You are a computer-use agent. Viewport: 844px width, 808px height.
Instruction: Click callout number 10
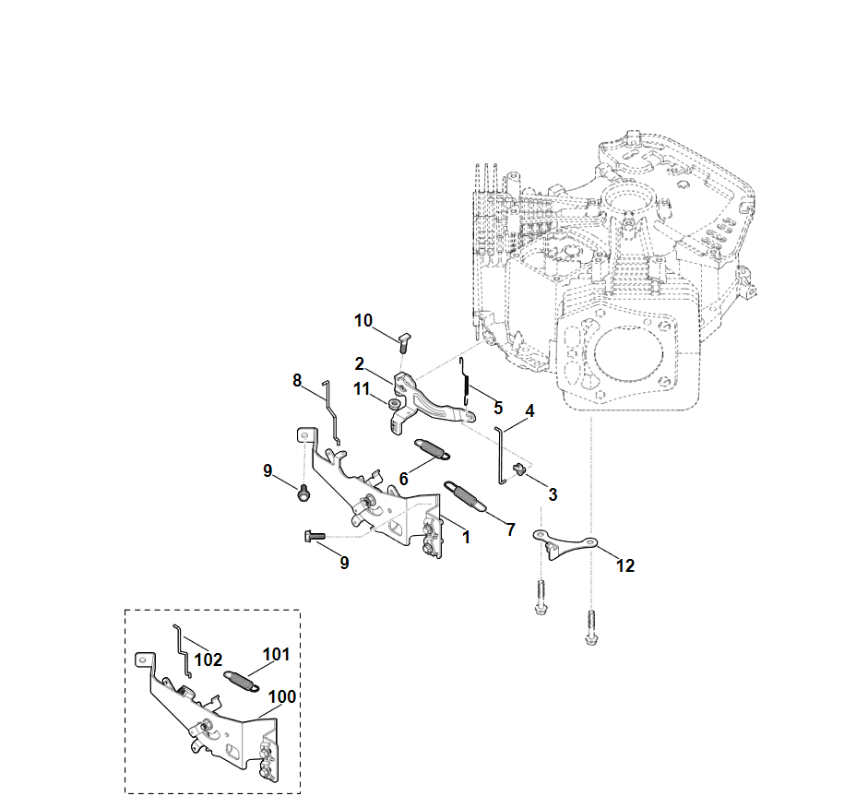point(363,320)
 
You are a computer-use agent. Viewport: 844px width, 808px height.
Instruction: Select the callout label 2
point(360,363)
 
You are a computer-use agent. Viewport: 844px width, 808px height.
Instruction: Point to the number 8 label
point(297,379)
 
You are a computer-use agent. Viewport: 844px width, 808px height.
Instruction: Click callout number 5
point(498,407)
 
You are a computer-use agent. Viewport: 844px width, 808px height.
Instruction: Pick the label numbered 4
point(529,410)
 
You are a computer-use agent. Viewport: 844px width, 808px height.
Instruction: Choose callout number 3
point(553,494)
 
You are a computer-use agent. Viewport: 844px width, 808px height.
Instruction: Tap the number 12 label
point(625,565)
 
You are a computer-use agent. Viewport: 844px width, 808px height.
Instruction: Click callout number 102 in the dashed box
point(208,659)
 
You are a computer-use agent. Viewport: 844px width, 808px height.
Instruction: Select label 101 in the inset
point(276,655)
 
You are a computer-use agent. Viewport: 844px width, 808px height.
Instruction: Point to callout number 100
point(281,696)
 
